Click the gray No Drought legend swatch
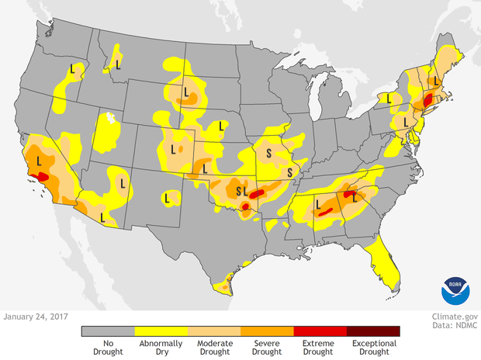pos(108,331)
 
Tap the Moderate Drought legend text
pos(213,347)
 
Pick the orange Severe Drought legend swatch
pos(267,331)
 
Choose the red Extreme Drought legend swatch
pos(320,331)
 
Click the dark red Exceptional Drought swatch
pos(373,331)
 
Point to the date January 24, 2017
pos(36,317)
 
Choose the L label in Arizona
pos(123,182)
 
